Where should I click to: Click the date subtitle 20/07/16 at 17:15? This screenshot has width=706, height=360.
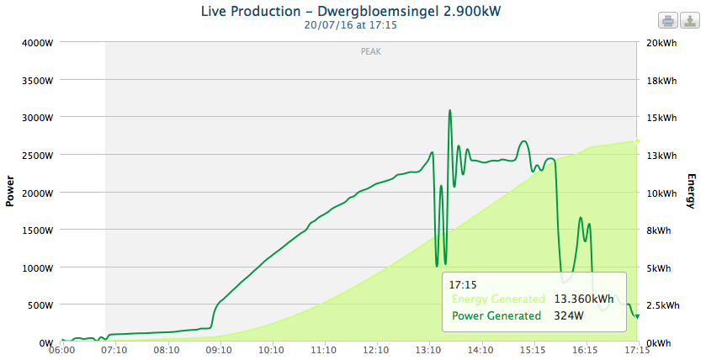353,25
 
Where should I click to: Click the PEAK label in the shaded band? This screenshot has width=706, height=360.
371,52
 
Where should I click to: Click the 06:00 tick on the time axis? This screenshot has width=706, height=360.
61,349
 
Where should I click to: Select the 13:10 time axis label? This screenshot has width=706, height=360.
428,349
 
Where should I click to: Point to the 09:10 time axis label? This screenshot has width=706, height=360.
219,349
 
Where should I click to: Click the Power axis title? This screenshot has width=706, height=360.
10,192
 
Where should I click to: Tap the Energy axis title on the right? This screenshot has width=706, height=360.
692,192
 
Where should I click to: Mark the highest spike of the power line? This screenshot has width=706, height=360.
450,110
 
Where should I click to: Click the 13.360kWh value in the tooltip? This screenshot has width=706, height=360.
584,299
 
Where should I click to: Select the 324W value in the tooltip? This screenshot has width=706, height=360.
569,316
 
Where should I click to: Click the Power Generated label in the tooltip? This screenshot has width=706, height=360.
496,316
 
